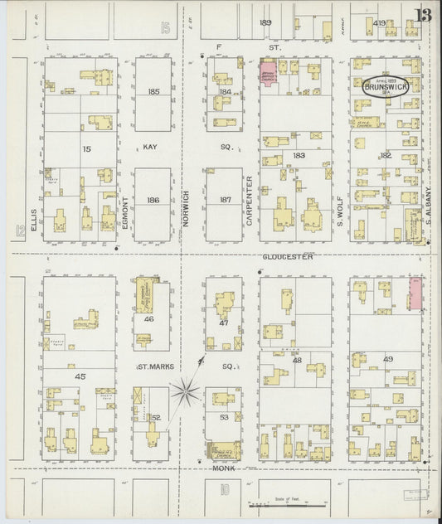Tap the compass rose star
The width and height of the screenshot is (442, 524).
(186, 388)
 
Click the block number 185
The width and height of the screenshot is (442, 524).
(153, 92)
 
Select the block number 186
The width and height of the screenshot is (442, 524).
(153, 201)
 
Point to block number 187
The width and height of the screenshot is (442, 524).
(225, 201)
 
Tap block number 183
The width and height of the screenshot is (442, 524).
(299, 156)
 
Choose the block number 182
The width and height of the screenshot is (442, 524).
(386, 156)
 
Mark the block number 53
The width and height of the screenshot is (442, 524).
(223, 418)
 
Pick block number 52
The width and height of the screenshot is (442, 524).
(155, 417)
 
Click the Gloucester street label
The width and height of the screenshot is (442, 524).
(289, 257)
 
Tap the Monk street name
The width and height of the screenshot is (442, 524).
(223, 468)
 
